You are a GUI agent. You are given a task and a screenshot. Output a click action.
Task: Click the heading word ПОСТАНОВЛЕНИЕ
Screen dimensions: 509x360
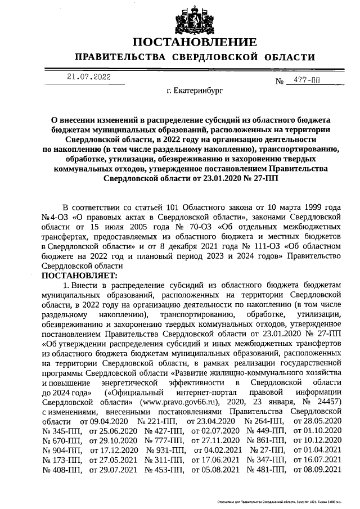pyautogui.click(x=195, y=42)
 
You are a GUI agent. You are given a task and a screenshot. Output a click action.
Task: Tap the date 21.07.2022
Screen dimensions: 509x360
pyautogui.click(x=89, y=77)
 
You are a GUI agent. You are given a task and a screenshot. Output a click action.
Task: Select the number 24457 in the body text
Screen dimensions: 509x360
pyautogui.click(x=326, y=403)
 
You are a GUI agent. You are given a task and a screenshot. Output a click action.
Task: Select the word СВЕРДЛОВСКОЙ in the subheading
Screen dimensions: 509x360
pyautogui.click(x=224, y=57)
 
